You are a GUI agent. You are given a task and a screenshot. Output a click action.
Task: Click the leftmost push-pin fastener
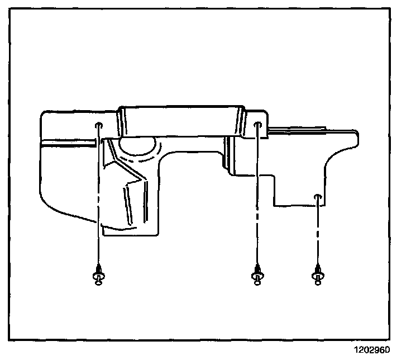click(x=98, y=275)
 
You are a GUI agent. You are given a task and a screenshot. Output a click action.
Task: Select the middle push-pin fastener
click(x=257, y=274)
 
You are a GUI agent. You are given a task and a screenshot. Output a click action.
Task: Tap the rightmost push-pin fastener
click(x=318, y=275)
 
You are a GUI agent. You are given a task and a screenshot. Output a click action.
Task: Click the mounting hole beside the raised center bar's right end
click(x=258, y=125)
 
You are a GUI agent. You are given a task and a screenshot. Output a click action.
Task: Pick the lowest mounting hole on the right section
click(x=317, y=197)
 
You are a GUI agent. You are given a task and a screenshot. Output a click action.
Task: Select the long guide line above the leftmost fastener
click(x=98, y=196)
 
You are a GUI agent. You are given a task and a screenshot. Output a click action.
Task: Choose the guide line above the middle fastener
click(x=257, y=196)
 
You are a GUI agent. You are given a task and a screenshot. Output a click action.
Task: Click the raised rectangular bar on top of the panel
click(x=181, y=120)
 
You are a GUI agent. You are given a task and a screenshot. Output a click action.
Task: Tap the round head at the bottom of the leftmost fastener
click(x=98, y=282)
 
